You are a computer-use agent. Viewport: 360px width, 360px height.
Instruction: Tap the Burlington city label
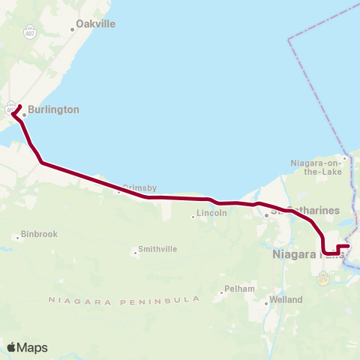pos(53,109)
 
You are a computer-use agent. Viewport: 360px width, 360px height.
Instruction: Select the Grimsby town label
pos(140,188)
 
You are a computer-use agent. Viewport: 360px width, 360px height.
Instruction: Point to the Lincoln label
pos(211,214)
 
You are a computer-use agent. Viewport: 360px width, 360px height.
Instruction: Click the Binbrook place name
pos(40,234)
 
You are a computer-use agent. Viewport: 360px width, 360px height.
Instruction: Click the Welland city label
pos(286,300)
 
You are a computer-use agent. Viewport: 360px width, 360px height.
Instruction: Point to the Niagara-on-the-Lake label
pos(316,166)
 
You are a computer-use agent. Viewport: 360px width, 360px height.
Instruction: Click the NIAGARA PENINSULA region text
pos(124,300)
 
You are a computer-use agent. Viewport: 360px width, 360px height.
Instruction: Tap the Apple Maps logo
pos(27,347)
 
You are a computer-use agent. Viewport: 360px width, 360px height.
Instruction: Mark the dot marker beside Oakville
pos(73,29)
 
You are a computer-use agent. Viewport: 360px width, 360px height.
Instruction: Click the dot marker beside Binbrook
pos(17,238)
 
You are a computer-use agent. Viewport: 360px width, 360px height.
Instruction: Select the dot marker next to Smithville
pos(136,253)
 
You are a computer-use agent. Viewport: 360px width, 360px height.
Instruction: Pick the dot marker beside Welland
pos(266,303)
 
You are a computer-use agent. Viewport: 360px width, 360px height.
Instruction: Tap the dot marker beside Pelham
pos(223,292)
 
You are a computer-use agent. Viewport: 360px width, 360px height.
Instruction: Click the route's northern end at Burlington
pos(19,106)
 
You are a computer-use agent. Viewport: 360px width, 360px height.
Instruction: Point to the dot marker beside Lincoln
pos(193,217)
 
